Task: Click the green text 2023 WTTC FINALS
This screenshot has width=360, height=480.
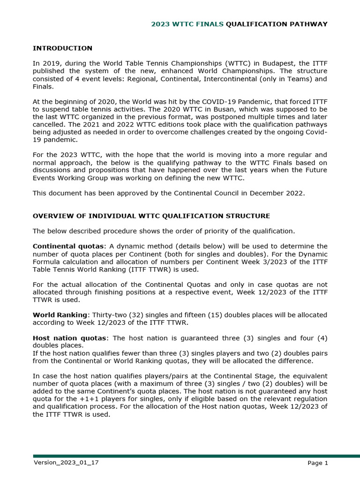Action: [x=187, y=24]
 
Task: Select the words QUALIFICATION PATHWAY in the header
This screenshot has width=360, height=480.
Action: [x=277, y=24]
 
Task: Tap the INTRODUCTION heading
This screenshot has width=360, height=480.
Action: [x=62, y=48]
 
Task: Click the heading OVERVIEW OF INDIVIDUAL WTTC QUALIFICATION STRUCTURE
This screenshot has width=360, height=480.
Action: [x=151, y=216]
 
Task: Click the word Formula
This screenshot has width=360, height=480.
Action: [x=46, y=262]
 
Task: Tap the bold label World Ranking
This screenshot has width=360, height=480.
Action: [x=60, y=315]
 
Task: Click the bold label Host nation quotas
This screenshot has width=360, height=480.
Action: [x=69, y=338]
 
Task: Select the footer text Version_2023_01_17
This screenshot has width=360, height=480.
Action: [x=66, y=463]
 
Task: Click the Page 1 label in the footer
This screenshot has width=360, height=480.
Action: [x=317, y=463]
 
